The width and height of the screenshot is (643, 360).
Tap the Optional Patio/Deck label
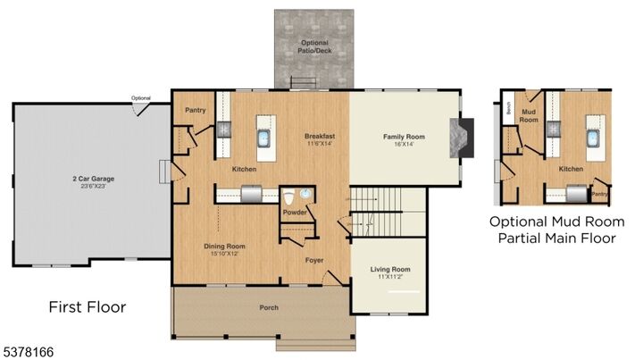313,46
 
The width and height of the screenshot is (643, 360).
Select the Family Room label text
404,137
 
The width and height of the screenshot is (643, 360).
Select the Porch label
269,307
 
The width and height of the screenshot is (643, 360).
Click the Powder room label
295,213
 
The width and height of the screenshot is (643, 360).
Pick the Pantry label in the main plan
196,110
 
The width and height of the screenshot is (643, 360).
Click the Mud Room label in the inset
529,115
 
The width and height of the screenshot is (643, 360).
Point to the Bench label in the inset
506,110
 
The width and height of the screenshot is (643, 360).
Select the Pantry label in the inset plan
601,192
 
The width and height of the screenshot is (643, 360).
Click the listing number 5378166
28,352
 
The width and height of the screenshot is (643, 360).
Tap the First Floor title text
87,307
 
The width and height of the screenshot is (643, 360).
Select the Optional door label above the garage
140,98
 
